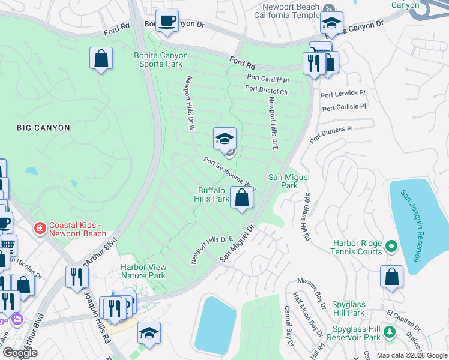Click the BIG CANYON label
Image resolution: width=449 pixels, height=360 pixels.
tap(44, 128)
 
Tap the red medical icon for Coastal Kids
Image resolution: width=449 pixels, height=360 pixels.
tap(40, 229)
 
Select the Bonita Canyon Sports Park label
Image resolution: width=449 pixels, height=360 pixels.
tap(160, 59)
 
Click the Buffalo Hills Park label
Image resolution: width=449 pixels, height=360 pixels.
tap(214, 194)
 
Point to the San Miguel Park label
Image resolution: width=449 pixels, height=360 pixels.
tap(283, 181)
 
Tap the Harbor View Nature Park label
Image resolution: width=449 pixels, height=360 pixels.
tap(143, 271)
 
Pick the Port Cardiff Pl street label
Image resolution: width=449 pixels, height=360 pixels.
tap(268, 79)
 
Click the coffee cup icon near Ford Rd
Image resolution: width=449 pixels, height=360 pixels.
tap(167, 21)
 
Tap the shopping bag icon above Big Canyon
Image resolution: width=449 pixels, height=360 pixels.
tap(101, 59)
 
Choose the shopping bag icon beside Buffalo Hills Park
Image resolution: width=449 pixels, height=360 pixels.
tap(241, 197)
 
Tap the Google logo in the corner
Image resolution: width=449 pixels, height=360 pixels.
tap(20, 353)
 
